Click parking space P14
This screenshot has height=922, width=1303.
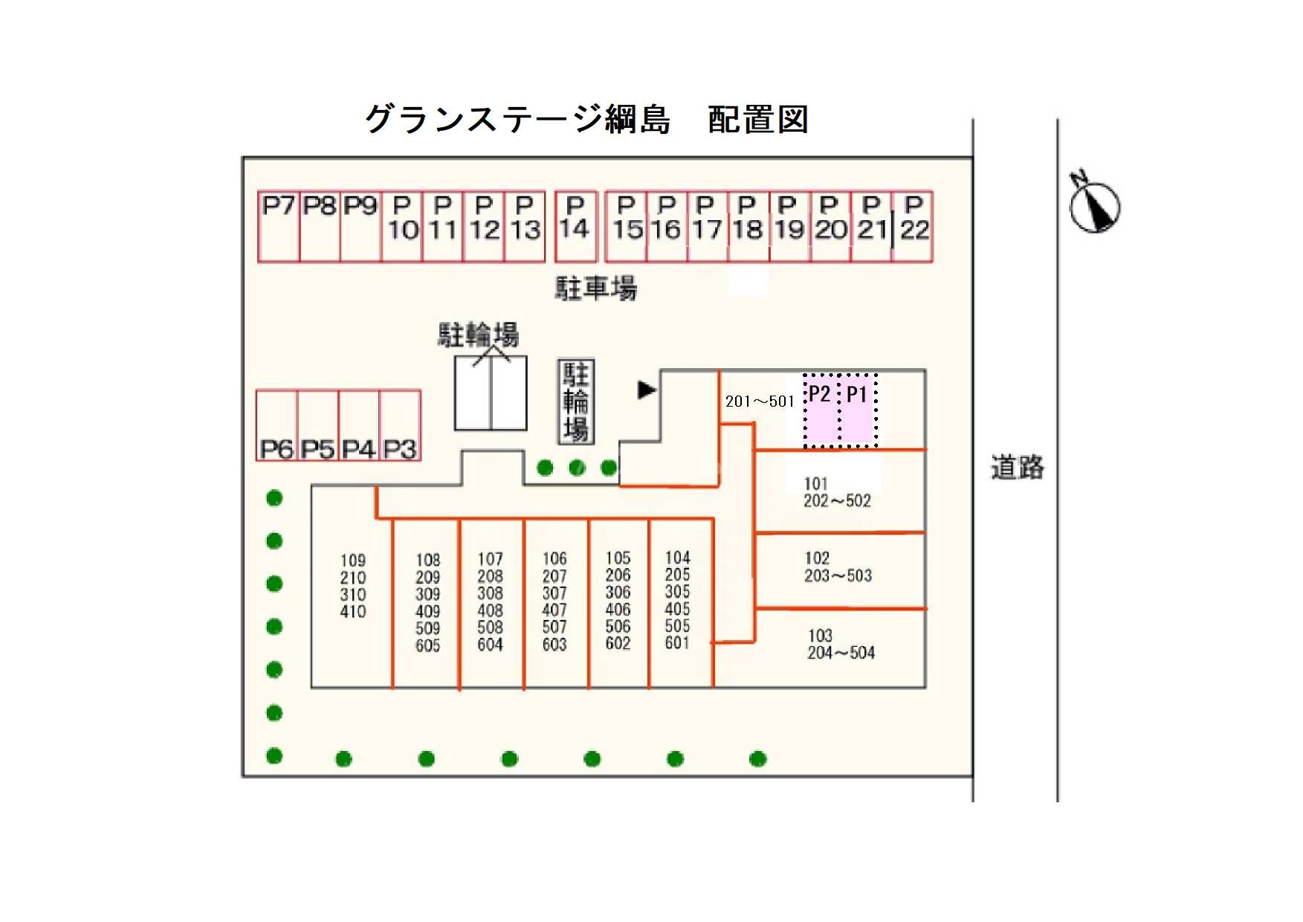pos(575,227)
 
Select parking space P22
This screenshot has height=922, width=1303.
pos(913,227)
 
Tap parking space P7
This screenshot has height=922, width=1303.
pos(279,227)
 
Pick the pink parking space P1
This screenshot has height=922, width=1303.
pos(858,411)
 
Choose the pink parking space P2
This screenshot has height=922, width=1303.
pos(821,411)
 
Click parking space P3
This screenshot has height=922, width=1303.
pos(400,425)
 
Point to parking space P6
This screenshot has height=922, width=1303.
pos(277,425)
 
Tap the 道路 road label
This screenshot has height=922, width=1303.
pos(1017,468)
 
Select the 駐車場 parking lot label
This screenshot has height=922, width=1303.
pos(595,288)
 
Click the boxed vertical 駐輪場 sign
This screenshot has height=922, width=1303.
pos(576,402)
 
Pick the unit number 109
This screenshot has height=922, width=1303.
pos(353,561)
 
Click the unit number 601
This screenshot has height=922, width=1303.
pos(677,643)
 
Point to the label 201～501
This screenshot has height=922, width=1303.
pos(760,402)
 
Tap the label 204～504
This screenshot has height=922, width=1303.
pos(841,653)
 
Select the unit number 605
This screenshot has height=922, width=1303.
pos(428,646)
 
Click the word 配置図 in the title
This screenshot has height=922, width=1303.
pos(757,120)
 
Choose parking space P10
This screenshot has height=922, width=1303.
pos(402,227)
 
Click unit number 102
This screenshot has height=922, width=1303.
pos(817,558)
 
